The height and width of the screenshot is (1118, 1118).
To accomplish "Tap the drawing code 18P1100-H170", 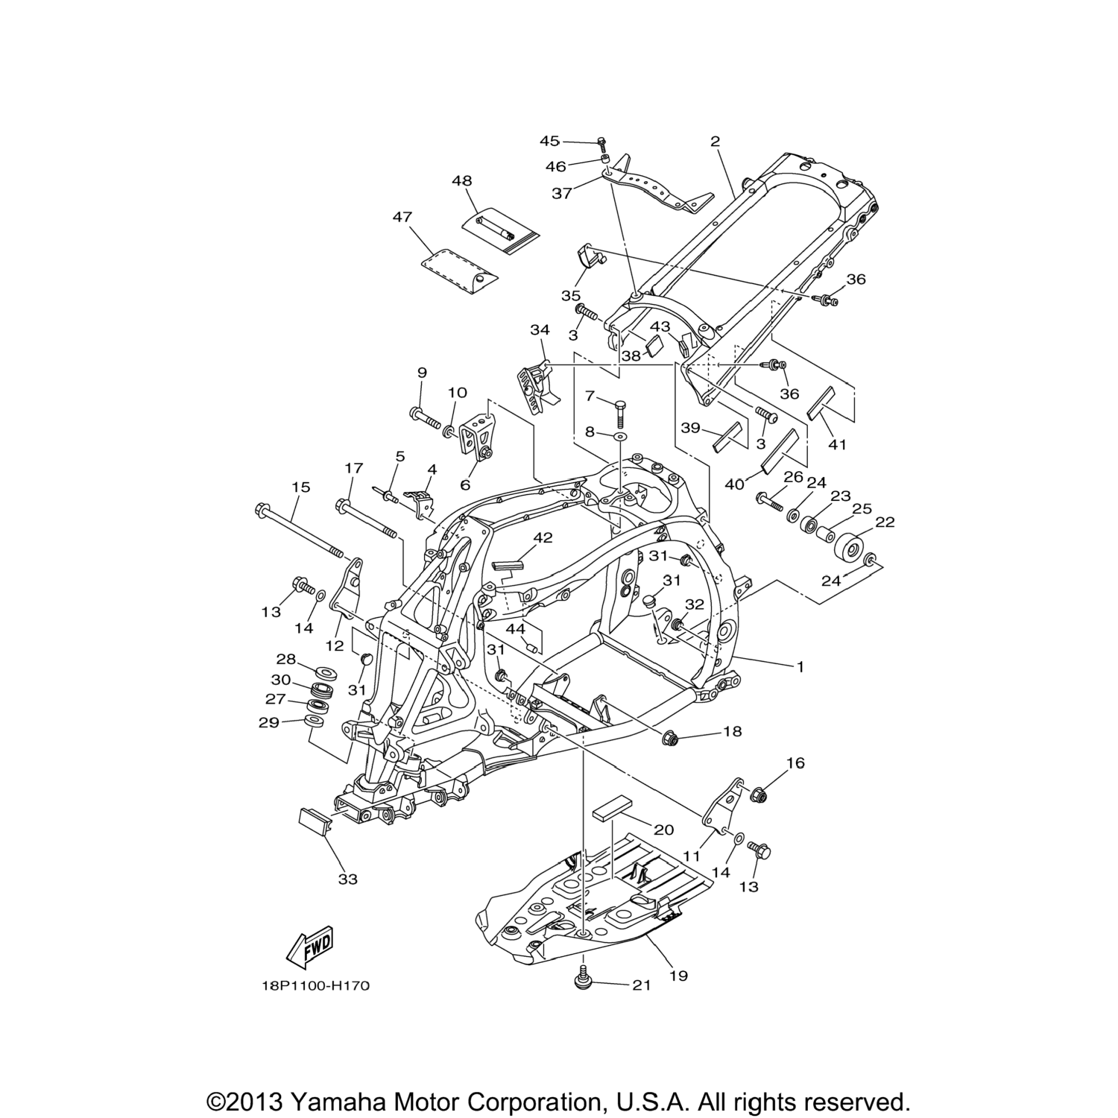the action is coord(315,986).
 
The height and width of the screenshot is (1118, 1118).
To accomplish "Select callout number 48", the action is coord(461,181).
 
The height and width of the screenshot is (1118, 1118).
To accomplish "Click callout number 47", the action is coord(402,217).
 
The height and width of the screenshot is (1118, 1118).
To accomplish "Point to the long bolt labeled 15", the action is coord(298,532).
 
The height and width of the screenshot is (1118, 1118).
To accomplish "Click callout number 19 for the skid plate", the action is coord(678,975).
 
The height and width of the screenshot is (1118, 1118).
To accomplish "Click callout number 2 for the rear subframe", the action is coord(715,141).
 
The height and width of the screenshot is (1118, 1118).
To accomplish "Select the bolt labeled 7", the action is coord(619,410).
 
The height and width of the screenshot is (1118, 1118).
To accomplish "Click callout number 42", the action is coord(543,537).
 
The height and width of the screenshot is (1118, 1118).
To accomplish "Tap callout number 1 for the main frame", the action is coord(800,667).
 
